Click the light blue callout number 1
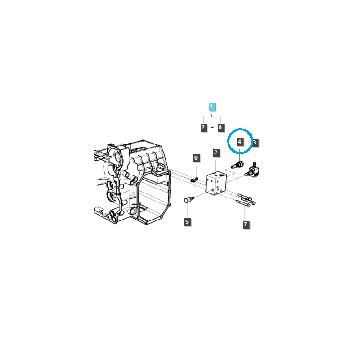(x=212, y=107)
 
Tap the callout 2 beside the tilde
(x=203, y=127)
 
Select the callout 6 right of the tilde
(x=220, y=127)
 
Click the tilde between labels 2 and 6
(x=212, y=128)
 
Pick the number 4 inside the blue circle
(x=240, y=142)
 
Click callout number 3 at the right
(x=255, y=143)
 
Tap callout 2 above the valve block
(x=216, y=153)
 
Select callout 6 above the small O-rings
(x=196, y=158)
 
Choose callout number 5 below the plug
(x=187, y=221)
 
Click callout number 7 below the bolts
(x=246, y=224)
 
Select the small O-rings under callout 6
(x=194, y=180)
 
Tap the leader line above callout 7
(x=246, y=213)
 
